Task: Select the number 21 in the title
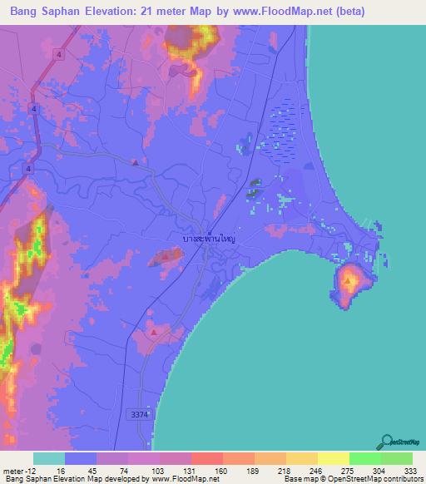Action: (x=151, y=13)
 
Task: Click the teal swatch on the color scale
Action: (x=49, y=458)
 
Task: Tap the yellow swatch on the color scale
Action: (x=333, y=458)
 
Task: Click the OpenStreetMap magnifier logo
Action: (x=389, y=442)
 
